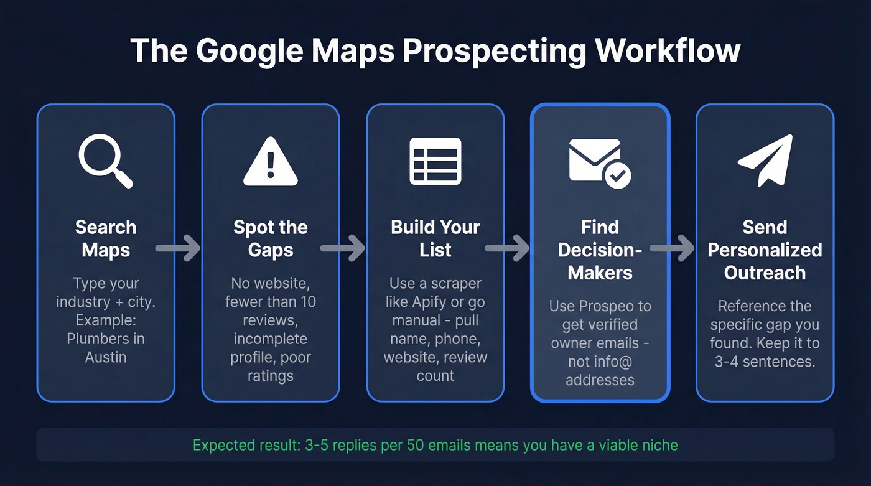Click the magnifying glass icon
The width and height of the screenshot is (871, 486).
(105, 161)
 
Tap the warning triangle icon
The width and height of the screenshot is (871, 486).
(270, 162)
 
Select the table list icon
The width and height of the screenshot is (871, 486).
(435, 161)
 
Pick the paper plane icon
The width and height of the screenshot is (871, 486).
(765, 160)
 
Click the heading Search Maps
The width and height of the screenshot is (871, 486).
(106, 238)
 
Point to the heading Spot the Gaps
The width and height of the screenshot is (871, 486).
(270, 238)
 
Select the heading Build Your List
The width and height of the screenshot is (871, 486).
(435, 238)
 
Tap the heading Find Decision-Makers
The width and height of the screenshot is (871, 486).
(600, 250)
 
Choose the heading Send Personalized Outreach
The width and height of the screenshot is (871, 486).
(765, 250)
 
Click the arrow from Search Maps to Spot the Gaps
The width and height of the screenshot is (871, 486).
(178, 249)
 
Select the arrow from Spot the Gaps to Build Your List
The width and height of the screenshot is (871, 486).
(343, 249)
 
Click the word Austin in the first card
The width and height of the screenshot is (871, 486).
(106, 357)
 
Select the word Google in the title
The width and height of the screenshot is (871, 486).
(253, 51)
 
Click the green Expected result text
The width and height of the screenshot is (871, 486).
(435, 445)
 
